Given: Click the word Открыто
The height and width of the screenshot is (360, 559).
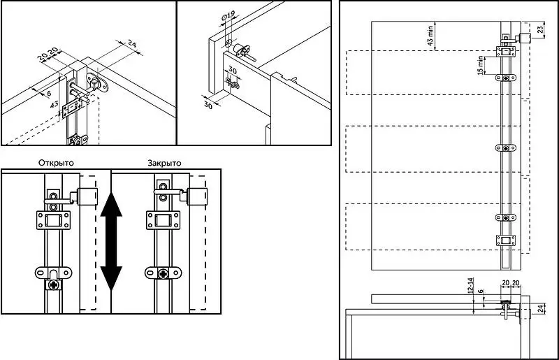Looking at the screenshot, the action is pyautogui.click(x=57, y=163).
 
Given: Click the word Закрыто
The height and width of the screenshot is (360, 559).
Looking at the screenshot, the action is pyautogui.click(x=164, y=163).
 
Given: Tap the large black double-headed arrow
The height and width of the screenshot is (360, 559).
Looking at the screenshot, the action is pyautogui.click(x=111, y=241).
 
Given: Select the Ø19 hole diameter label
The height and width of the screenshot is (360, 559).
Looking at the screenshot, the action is pyautogui.click(x=228, y=16).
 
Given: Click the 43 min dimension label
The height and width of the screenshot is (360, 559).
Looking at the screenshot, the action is pyautogui.click(x=430, y=36).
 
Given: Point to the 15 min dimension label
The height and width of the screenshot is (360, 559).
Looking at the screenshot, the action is pyautogui.click(x=481, y=65).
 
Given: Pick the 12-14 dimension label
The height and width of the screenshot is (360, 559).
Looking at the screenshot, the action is pyautogui.click(x=470, y=285).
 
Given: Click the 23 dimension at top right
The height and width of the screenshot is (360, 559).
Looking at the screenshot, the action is pyautogui.click(x=541, y=29).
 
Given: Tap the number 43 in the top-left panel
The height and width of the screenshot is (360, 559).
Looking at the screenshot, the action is pyautogui.click(x=54, y=105).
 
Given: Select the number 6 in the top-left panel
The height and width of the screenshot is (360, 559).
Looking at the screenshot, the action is pyautogui.click(x=49, y=93).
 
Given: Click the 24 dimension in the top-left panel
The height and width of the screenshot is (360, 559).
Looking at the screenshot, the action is pyautogui.click(x=132, y=44).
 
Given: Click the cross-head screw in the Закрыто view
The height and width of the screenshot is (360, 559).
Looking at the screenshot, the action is pyautogui.click(x=164, y=273).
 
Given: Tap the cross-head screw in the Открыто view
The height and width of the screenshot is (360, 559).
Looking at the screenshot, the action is pyautogui.click(x=54, y=285).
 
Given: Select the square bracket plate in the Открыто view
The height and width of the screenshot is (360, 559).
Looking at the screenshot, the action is pyautogui.click(x=54, y=220).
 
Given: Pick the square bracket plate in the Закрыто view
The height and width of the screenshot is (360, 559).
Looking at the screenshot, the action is pyautogui.click(x=164, y=220).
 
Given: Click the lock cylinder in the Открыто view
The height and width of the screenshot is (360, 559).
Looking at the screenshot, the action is pyautogui.click(x=87, y=196).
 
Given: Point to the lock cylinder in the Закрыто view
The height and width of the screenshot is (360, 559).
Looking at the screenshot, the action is pyautogui.click(x=197, y=196).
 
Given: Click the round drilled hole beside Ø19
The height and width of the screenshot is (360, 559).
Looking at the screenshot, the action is pyautogui.click(x=228, y=43).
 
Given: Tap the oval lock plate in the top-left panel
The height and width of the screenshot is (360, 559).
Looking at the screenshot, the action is pyautogui.click(x=97, y=83).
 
